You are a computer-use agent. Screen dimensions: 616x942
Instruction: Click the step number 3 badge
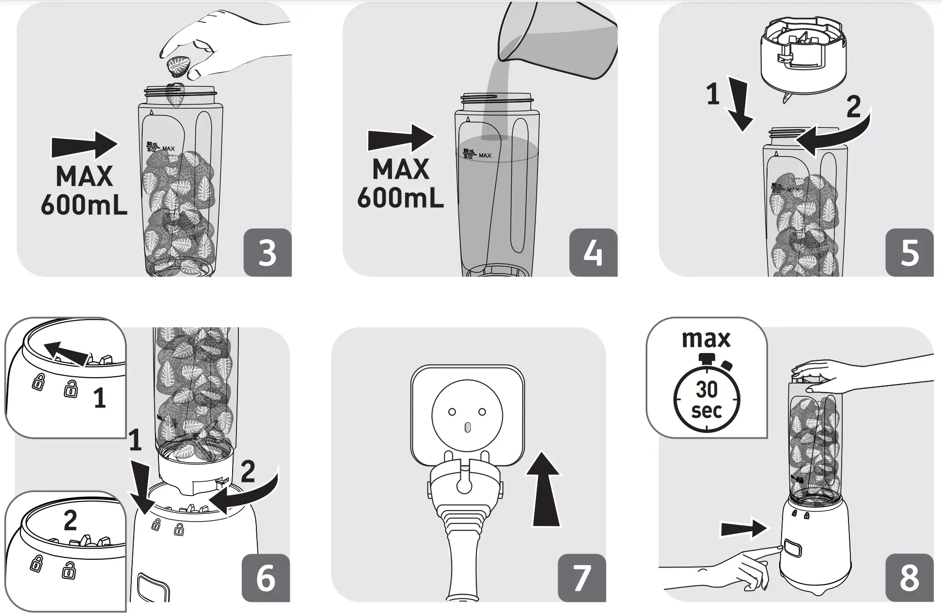point(267,252)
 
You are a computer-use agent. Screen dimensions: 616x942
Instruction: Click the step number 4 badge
point(593,252)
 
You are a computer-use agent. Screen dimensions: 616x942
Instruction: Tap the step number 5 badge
point(909,252)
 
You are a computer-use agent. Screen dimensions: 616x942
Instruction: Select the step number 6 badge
point(265,578)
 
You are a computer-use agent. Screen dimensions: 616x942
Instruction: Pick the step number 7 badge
point(581,578)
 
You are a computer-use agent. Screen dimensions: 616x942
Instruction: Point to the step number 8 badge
point(909,578)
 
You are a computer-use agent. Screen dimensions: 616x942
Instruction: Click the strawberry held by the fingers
point(179,67)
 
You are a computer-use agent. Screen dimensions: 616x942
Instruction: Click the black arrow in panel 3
point(84,145)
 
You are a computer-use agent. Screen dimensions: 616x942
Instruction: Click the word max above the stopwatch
point(706,339)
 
